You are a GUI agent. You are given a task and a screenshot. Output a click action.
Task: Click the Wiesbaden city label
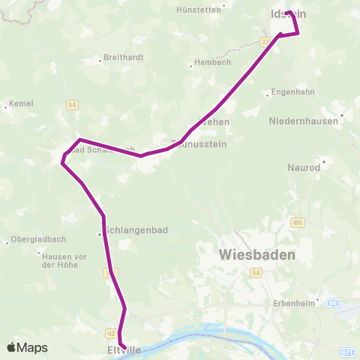click(257, 254)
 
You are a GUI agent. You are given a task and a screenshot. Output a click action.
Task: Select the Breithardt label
click(123, 56)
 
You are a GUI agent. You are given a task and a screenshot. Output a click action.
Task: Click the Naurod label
click(304, 167)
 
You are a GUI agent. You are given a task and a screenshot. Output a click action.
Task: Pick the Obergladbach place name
click(39, 239)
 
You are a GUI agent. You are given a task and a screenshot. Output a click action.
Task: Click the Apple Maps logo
click(27, 347)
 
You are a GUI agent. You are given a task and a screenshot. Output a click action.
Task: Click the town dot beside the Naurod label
click(324, 160)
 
